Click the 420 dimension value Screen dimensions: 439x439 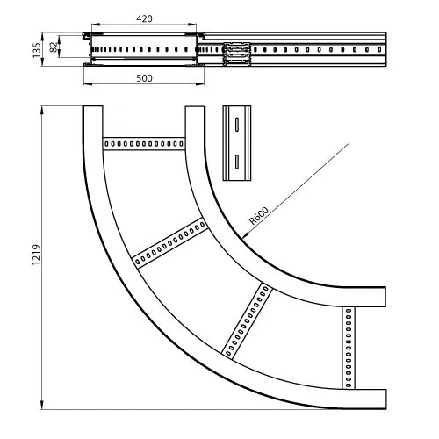tap(144, 18)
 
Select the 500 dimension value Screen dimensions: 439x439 tap(144, 78)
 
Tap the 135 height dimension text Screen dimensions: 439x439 tap(37, 50)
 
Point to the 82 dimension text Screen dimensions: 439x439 tap(54, 47)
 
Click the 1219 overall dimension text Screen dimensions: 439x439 tap(36, 255)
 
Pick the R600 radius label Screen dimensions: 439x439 tap(259, 215)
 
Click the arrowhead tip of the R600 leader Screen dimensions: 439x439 tap(242, 238)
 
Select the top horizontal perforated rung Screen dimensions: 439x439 tap(144, 143)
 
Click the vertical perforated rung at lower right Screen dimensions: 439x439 tap(349, 348)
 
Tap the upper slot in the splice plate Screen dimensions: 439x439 tap(237, 124)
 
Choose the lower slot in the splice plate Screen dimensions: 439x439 tap(237, 162)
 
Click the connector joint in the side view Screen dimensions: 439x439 tap(237, 54)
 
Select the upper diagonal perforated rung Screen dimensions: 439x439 tap(170, 242)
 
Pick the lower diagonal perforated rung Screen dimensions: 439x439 tap(247, 321)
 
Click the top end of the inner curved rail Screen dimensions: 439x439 tap(195, 106)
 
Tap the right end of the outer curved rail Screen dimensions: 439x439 tap(385, 399)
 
